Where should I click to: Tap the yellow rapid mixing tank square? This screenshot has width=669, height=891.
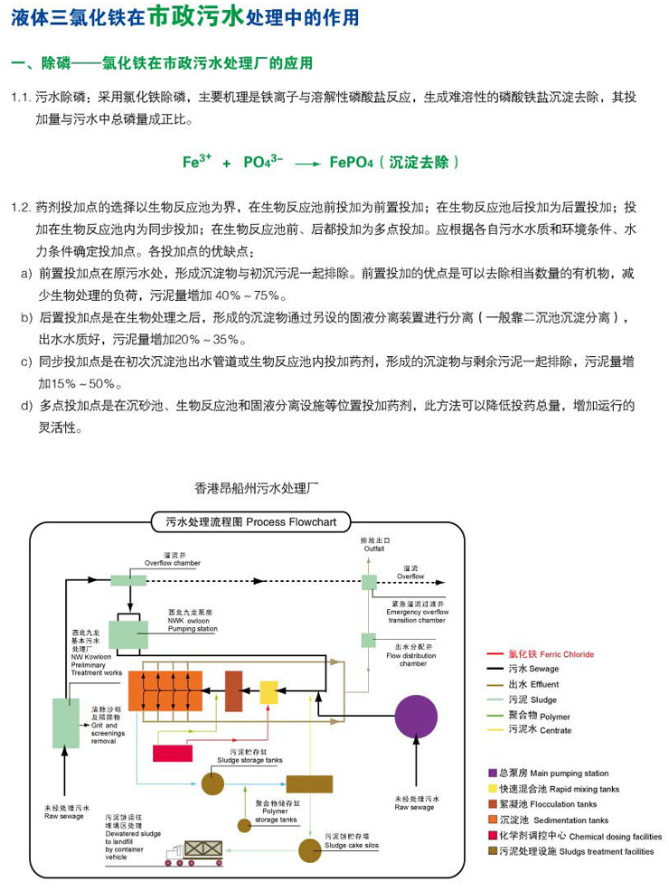point(268,692)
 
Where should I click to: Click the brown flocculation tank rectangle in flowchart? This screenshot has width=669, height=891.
point(233,691)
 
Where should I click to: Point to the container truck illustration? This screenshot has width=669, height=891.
point(195,853)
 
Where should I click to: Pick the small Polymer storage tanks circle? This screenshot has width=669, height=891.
point(243,824)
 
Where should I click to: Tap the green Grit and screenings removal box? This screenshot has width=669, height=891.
point(65,723)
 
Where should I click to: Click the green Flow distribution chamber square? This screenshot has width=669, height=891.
point(368,640)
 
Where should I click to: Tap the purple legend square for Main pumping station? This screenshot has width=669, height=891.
point(494,773)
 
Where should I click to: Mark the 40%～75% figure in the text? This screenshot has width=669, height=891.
point(250,295)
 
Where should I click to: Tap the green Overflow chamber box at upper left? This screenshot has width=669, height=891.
point(122,579)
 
